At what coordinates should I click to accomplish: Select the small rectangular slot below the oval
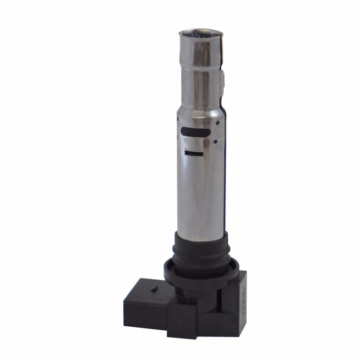coord(194,154)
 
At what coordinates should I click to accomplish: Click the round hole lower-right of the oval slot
coord(216,141)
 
